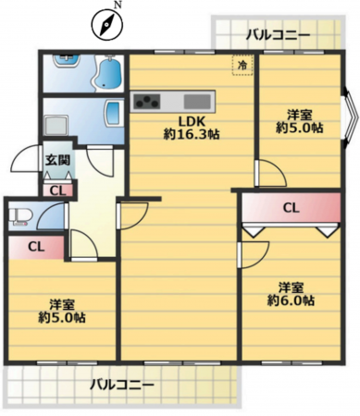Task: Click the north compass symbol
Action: click(x=106, y=24)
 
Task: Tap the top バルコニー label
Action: click(x=278, y=35)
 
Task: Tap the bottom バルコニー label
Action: click(x=121, y=384)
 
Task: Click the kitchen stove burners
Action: click(x=146, y=100)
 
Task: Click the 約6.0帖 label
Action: click(x=290, y=300)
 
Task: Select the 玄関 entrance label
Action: click(x=56, y=159)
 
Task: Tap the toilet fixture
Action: click(x=19, y=218)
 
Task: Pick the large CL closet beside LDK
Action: click(x=290, y=207)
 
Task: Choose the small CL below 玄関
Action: click(x=56, y=190)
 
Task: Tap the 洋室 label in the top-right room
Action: click(x=298, y=115)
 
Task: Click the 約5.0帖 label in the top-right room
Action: click(x=298, y=129)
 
